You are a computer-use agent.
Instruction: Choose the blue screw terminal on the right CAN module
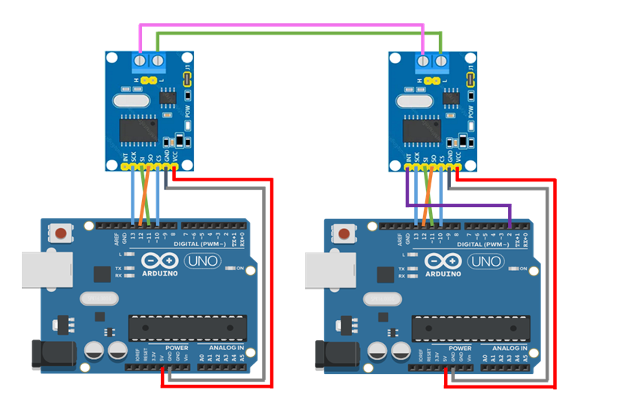point(431,61)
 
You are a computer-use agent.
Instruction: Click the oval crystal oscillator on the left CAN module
point(128,99)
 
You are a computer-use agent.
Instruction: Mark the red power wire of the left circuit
point(271,286)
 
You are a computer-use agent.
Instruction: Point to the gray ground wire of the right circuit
point(546,286)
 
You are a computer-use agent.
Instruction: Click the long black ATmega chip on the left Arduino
point(188,328)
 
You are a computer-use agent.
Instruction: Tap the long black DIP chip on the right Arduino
point(471,328)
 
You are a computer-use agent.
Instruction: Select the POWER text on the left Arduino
point(177,349)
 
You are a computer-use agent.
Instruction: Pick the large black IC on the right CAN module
point(422,129)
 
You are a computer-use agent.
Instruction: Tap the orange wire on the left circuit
point(144,199)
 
